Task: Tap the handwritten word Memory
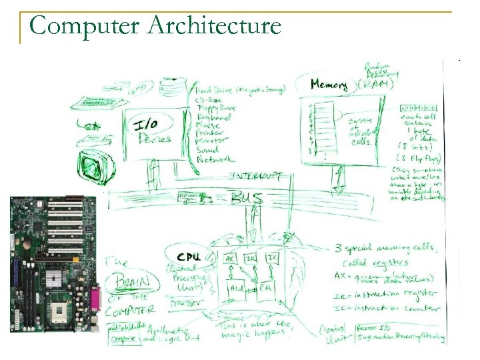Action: pos(329,85)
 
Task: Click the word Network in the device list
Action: pos(215,160)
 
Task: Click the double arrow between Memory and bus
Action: pos(339,179)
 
